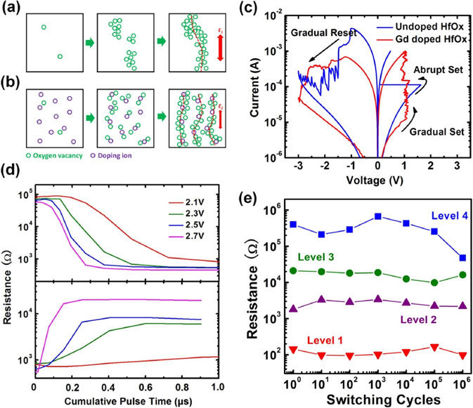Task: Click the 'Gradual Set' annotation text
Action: (435, 130)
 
